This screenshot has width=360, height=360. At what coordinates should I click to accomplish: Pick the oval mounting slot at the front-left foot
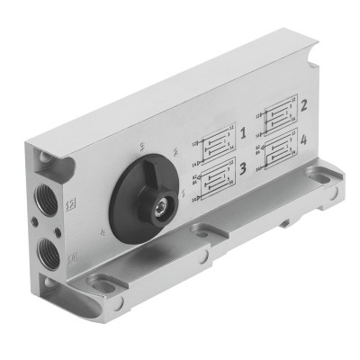click(105, 288)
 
